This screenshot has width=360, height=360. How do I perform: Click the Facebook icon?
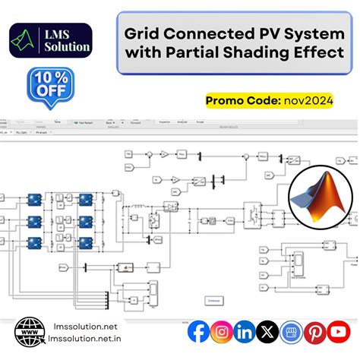pos(199,332)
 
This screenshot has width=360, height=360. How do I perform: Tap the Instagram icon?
pos(222,332)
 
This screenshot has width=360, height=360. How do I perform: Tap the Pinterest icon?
pos(315,332)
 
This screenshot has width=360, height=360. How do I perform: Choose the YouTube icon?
pos(339,332)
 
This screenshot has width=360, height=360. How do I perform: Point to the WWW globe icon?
pos(30,332)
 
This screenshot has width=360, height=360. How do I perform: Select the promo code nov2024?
pos(307,99)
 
